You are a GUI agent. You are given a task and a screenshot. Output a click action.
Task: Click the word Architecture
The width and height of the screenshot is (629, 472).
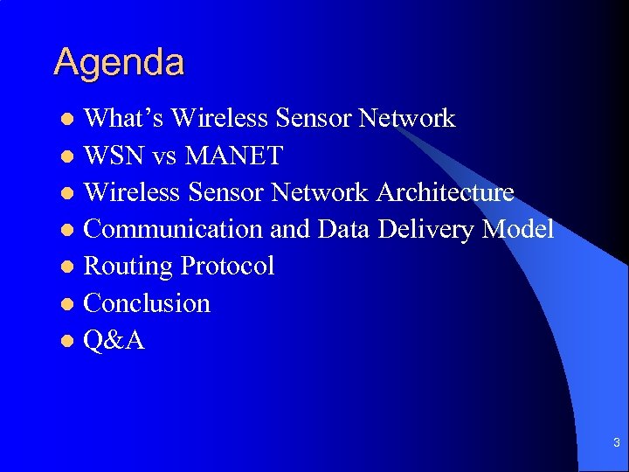pos(446,192)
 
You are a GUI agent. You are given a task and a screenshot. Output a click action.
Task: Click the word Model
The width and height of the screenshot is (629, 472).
pos(518,229)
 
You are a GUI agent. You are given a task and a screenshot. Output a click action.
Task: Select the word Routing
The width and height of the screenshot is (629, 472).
pos(128,266)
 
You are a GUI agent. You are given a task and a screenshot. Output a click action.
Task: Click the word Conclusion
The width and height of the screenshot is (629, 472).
pos(147,303)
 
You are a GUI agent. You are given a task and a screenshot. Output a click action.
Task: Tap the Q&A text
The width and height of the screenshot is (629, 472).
pos(114,340)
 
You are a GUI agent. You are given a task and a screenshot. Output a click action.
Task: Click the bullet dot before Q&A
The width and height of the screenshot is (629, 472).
pos(68,341)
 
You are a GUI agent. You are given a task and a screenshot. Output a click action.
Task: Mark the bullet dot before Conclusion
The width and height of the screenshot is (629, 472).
pos(68,304)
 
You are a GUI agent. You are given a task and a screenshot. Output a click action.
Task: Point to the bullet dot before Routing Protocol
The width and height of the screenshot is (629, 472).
pos(68,267)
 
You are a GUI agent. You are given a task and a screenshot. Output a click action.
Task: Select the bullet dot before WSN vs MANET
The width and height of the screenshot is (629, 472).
pos(68,156)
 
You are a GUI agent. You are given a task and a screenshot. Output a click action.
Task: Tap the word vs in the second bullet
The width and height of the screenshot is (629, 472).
pos(164,156)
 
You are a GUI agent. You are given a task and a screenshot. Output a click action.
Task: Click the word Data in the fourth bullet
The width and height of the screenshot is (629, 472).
pos(345,229)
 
